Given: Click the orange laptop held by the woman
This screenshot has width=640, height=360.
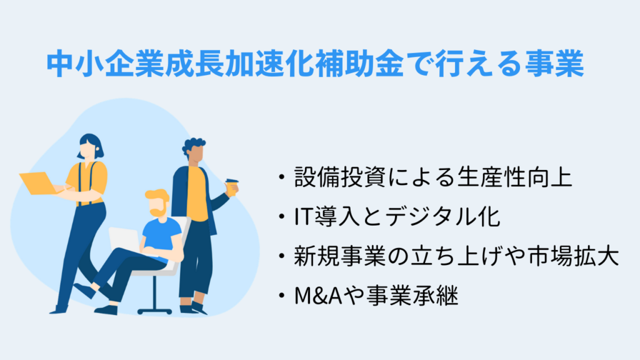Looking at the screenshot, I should click(x=38, y=182).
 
